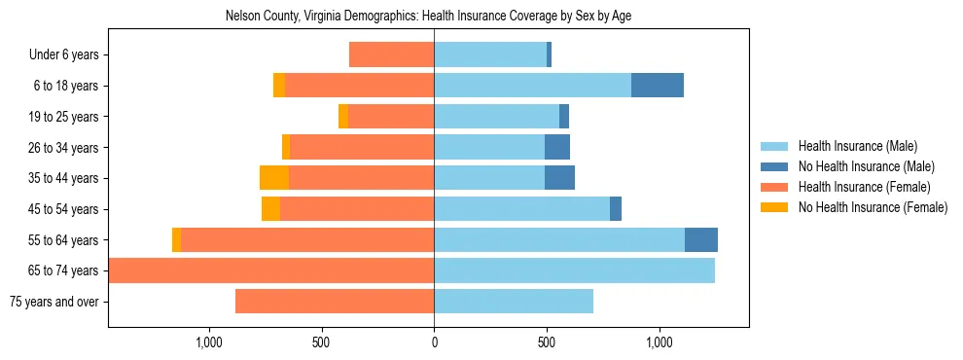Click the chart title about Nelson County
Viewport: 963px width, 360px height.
tap(428, 17)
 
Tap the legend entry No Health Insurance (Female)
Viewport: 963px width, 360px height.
tap(873, 207)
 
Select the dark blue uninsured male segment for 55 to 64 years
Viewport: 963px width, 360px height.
tap(701, 239)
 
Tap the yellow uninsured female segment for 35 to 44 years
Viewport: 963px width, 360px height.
tap(274, 178)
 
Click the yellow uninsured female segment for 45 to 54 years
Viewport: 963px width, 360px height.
tap(270, 209)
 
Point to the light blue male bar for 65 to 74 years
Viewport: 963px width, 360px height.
tap(574, 270)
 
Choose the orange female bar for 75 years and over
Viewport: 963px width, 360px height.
tap(335, 302)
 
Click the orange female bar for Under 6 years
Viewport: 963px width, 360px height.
tap(391, 55)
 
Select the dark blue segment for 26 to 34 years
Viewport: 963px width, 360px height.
tap(557, 147)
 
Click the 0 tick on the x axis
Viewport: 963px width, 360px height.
tap(434, 342)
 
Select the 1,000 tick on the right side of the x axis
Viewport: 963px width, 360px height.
tap(660, 342)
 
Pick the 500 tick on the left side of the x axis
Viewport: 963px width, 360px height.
tap(322, 342)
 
